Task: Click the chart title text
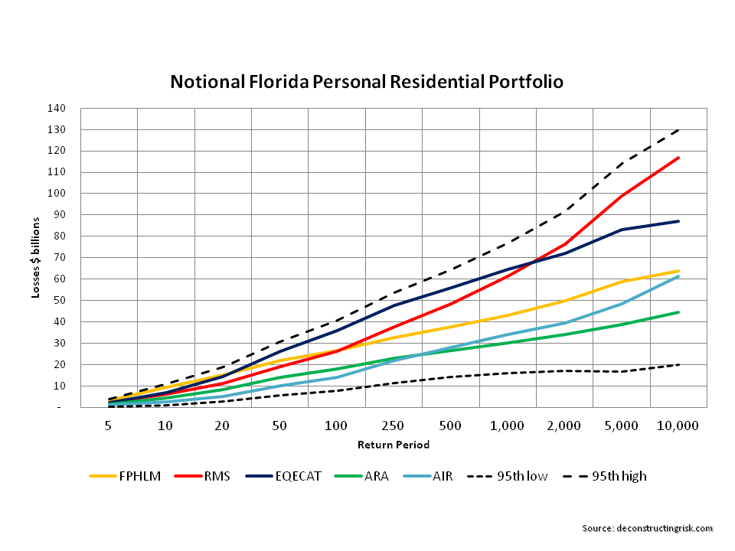point(367,81)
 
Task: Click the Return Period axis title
point(394,445)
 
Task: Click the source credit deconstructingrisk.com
point(647,528)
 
